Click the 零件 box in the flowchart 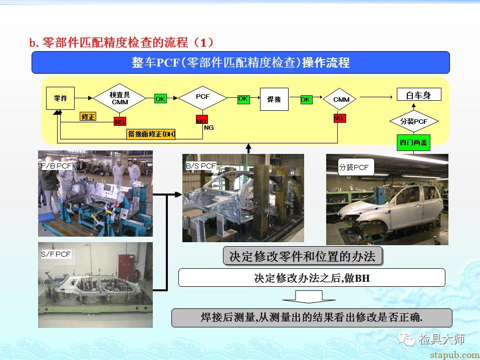60,98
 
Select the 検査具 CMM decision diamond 120,98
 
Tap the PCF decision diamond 202,98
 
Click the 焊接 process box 274,99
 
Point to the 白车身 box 419,94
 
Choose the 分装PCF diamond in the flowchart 414,121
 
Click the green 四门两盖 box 413,142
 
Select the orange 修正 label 88,117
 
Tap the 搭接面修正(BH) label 151,134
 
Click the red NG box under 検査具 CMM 120,122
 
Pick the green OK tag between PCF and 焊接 244,99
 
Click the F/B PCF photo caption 57,166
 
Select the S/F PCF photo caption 56,254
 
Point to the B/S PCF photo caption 201,166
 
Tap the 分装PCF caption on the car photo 356,167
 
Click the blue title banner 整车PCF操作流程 241,63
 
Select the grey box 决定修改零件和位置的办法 303,256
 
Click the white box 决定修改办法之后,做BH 312,278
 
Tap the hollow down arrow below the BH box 309,297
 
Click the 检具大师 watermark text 442,339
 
